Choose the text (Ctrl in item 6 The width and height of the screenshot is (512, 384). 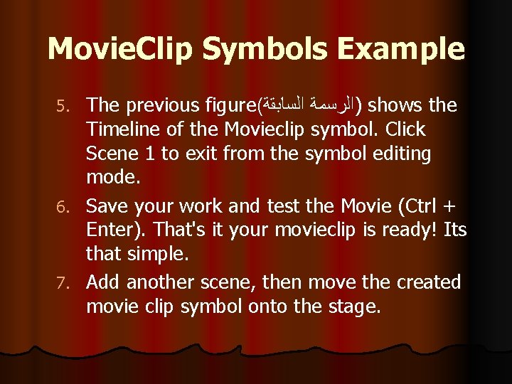pos(419,207)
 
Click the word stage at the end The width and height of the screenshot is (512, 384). pos(358,308)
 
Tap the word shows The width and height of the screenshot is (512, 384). pos(394,106)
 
